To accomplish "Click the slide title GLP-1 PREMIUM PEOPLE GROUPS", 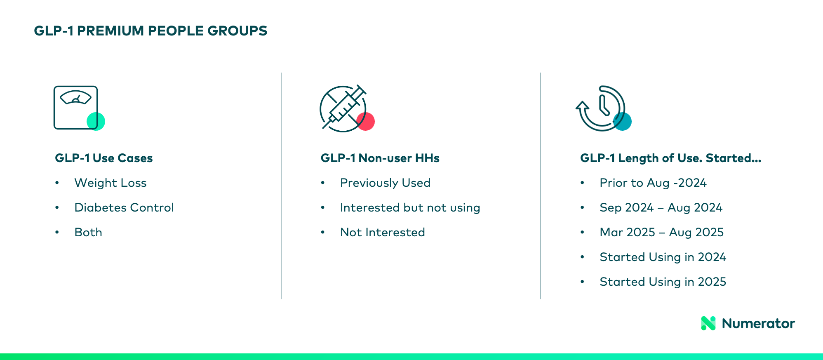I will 150,31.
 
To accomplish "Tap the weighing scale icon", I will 75,107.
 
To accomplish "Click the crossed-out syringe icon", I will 342,108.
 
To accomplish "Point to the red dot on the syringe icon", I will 366,121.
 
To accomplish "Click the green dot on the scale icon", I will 96,121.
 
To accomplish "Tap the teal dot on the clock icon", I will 623,121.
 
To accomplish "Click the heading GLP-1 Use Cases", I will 104,158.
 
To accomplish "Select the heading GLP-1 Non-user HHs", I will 380,158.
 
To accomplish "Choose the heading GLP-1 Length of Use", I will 670,158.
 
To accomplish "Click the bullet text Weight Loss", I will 111,183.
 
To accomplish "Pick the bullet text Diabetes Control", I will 124,207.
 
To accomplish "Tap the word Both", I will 88,232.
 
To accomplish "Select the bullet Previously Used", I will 385,183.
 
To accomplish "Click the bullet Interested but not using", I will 410,207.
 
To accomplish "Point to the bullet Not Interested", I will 382,232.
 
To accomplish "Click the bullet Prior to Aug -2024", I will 653,183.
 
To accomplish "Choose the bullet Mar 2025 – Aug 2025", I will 661,232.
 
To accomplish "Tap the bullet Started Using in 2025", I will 663,282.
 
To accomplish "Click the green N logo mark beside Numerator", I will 708,323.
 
